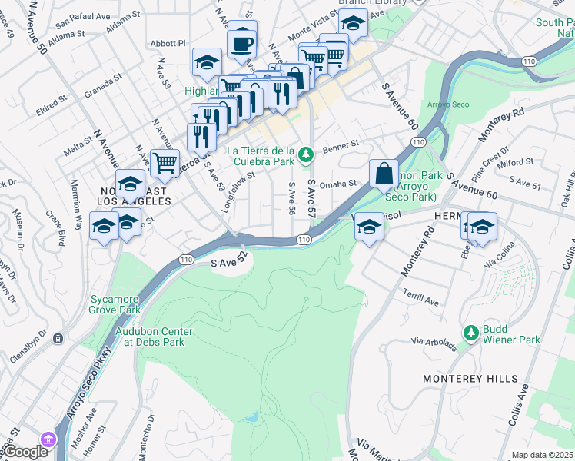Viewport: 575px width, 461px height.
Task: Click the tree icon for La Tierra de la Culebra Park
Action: (307, 155)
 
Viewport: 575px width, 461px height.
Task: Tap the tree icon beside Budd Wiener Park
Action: (471, 333)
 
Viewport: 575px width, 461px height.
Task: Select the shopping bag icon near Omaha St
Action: (384, 174)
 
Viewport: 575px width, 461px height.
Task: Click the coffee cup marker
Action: (242, 44)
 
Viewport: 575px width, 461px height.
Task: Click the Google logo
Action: (25, 452)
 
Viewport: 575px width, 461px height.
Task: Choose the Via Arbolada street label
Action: (434, 343)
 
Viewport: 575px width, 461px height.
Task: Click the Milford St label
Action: (515, 162)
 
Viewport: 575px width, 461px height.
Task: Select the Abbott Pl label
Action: (169, 45)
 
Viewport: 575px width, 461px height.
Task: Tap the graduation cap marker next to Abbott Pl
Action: (207, 63)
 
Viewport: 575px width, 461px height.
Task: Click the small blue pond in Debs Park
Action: (250, 417)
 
